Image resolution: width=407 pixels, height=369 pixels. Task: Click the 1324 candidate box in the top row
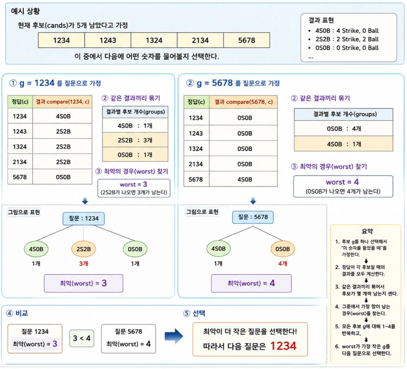(x=154, y=40)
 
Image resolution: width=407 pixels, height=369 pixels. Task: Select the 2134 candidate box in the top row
(x=200, y=40)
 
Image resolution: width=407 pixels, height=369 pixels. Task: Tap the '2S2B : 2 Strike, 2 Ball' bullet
(x=347, y=39)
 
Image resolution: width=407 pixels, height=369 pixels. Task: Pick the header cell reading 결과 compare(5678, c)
(x=243, y=102)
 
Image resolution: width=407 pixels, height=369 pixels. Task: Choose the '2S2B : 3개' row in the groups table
(x=135, y=140)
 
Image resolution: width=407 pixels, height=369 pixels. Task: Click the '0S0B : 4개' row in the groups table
(x=344, y=129)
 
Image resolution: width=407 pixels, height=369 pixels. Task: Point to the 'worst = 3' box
(x=134, y=188)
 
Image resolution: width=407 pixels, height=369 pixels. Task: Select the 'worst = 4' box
(x=343, y=186)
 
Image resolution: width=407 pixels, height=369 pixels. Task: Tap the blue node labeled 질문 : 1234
(x=84, y=219)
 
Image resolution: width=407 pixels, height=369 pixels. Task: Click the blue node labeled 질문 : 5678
(x=253, y=217)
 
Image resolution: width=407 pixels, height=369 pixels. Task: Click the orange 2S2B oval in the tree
(x=84, y=249)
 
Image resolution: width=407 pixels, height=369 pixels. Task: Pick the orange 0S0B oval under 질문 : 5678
(x=283, y=249)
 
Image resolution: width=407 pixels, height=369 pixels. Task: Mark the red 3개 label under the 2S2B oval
(x=84, y=264)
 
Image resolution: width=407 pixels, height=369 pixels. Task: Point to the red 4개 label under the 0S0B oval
(x=283, y=264)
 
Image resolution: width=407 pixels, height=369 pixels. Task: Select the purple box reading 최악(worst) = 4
(x=251, y=283)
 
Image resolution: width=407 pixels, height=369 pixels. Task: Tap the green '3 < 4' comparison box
(x=82, y=338)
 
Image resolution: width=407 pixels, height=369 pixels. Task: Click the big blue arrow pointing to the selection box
(x=174, y=336)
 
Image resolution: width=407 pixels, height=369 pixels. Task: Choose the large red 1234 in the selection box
(x=283, y=346)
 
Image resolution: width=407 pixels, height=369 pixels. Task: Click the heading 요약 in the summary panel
(x=367, y=231)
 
